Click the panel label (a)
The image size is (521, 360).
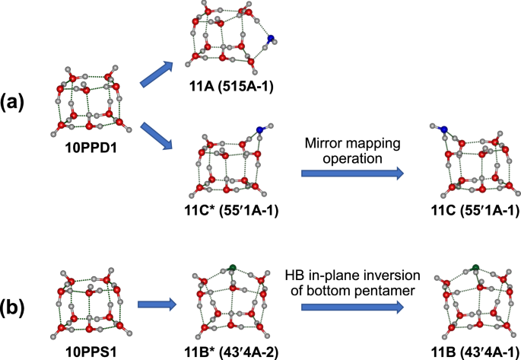[x=16, y=103]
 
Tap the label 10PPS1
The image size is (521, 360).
[x=90, y=352]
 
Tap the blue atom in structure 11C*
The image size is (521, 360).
[x=260, y=132]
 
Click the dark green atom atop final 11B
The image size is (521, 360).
[x=475, y=267]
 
